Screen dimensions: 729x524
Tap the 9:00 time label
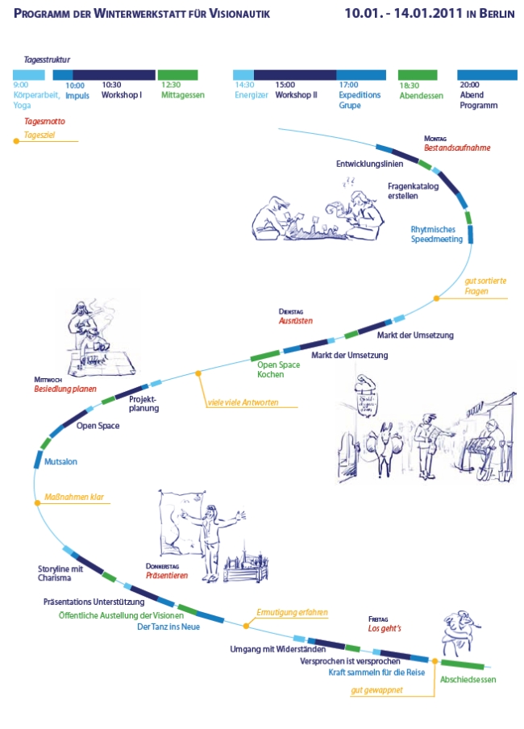21,85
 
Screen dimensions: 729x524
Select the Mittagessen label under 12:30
182,95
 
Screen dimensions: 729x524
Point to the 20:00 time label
469,85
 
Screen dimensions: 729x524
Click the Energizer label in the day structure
251,95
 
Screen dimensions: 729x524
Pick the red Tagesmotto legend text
45,122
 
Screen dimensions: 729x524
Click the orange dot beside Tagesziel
15,141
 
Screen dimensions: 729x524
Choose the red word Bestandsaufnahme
457,148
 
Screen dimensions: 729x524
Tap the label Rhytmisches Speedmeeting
436,234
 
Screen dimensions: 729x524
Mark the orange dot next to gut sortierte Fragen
436,298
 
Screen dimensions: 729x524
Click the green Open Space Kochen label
278,370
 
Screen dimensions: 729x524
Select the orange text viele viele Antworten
243,402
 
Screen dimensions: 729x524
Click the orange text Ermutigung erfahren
292,613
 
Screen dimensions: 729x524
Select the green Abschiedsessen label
468,680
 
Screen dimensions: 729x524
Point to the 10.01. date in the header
363,14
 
